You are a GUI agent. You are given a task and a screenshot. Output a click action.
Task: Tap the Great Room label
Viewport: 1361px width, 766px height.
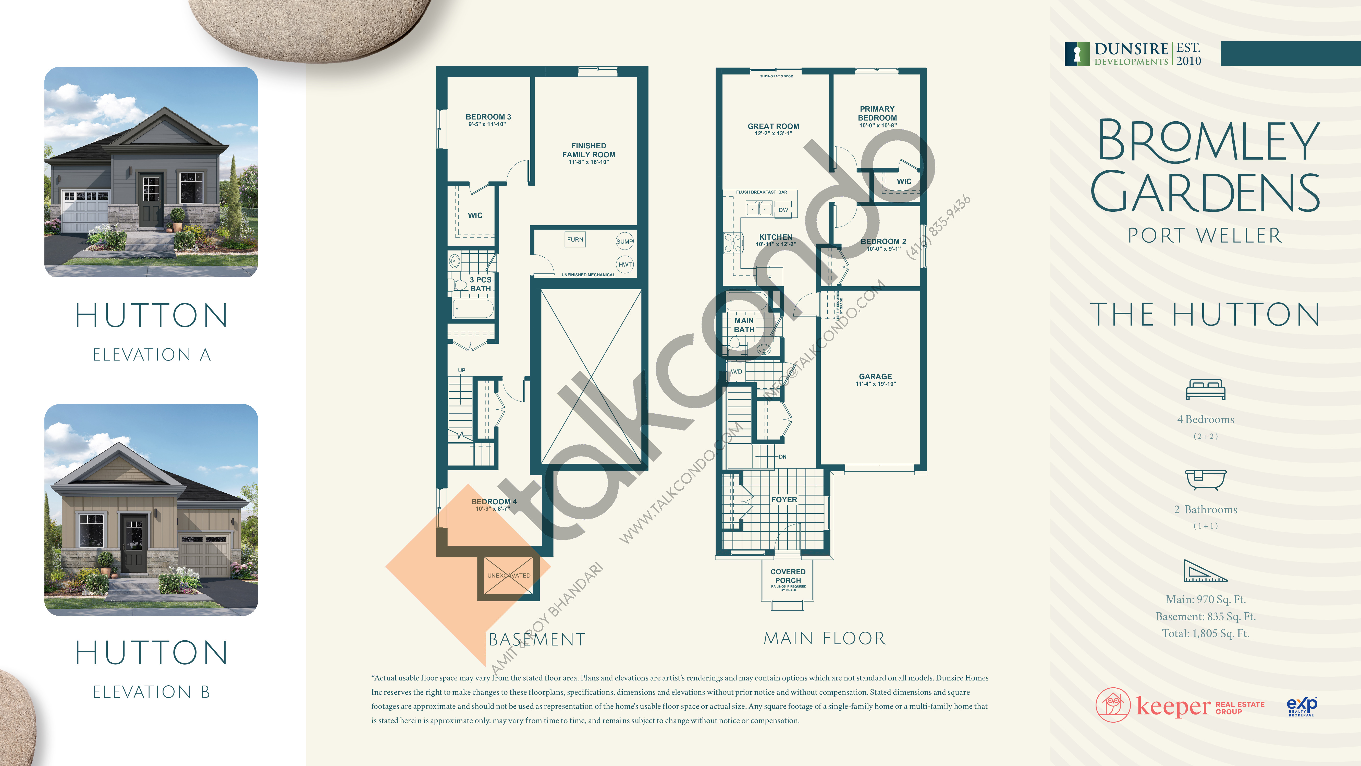pos(773,126)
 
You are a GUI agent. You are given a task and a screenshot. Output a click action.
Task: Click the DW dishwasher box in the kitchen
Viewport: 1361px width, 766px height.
pos(783,210)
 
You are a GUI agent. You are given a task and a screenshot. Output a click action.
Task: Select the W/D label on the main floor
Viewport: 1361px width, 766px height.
pos(736,372)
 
